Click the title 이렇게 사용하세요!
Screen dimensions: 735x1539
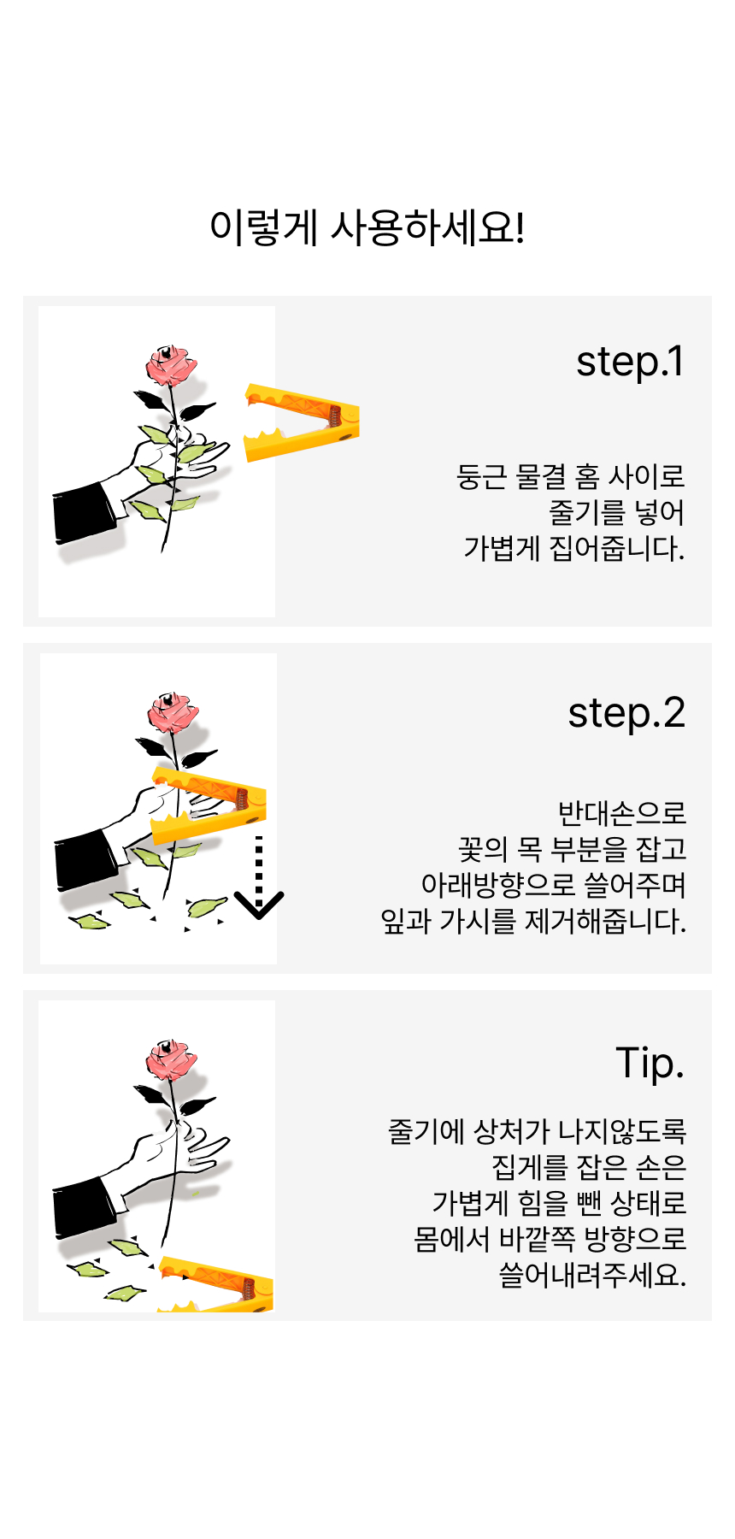tap(367, 227)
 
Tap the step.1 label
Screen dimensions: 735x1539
tap(630, 363)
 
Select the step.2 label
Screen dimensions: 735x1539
tap(626, 714)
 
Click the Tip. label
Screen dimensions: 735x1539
tap(650, 1064)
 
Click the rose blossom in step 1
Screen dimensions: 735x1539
tap(171, 364)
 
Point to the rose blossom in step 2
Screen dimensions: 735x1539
tap(173, 712)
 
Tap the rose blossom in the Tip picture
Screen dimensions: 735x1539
tap(171, 1059)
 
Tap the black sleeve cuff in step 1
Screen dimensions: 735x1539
tap(84, 513)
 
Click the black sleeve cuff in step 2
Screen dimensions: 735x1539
tap(85, 860)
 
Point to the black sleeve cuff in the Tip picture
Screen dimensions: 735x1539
tap(84, 1207)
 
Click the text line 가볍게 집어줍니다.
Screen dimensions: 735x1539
tap(574, 548)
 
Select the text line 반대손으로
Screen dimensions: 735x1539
tap(622, 813)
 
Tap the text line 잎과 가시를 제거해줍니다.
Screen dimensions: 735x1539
tap(533, 922)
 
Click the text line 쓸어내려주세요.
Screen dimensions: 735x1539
tap(592, 1275)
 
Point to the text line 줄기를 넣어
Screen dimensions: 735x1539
tap(617, 512)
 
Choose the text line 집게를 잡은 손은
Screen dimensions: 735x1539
tap(589, 1167)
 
